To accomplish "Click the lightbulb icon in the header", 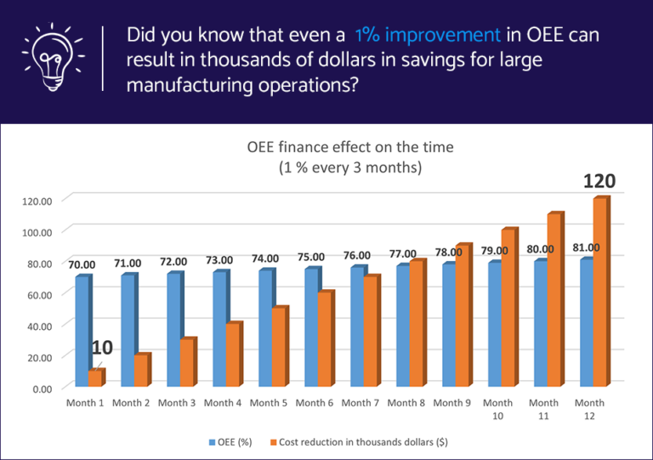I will click(52, 59).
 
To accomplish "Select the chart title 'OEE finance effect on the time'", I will click(350, 147).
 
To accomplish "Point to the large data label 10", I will click(102, 347).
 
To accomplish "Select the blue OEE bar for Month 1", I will click(82, 332).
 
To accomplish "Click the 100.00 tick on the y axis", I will click(38, 231).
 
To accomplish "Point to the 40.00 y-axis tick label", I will click(38, 326).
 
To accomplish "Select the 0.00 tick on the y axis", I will click(41, 389).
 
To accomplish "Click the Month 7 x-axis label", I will click(361, 403).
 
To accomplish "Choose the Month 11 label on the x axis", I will click(544, 409).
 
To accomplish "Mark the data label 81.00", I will click(586, 247).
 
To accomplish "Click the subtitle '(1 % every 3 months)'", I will click(350, 168).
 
